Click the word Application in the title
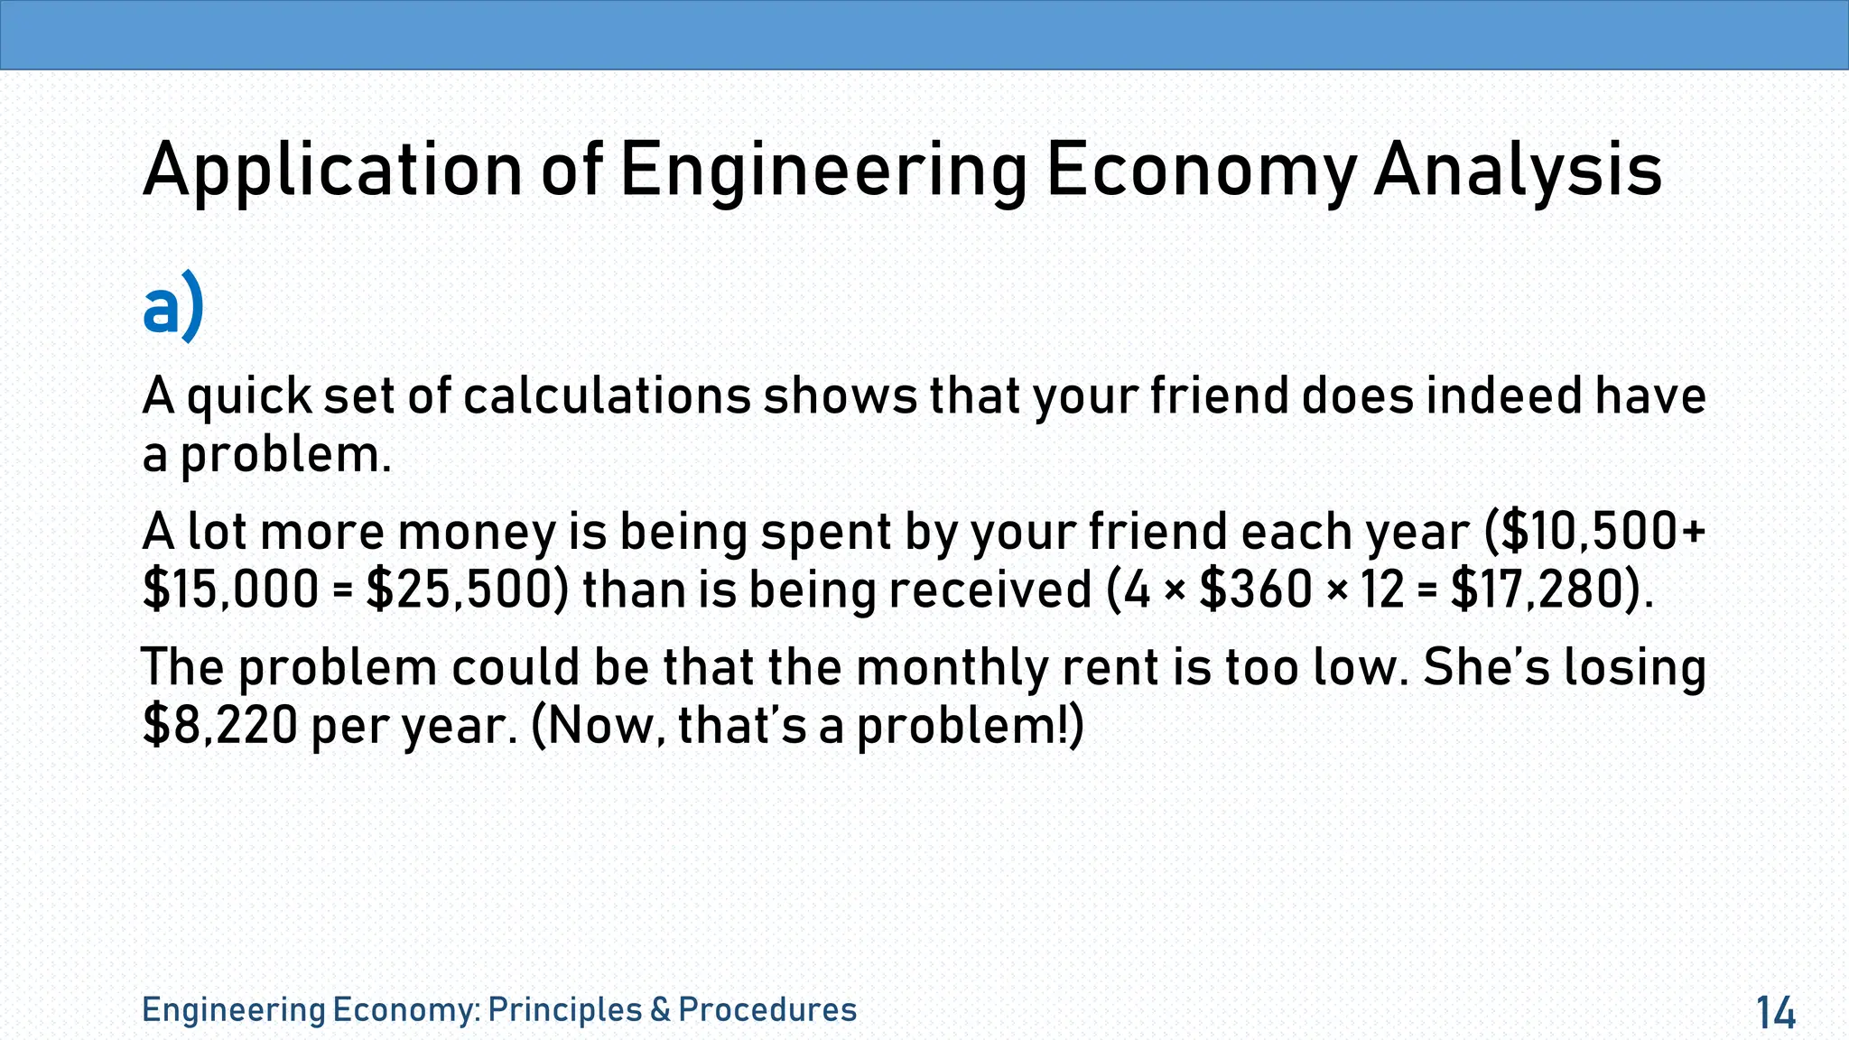332,172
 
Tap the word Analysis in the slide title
1517,172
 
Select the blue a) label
173,310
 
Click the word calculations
607,397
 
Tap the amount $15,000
231,590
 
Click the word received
990,590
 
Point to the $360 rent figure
1255,590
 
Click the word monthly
952,668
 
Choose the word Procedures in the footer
767,1009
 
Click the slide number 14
1776,1013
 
